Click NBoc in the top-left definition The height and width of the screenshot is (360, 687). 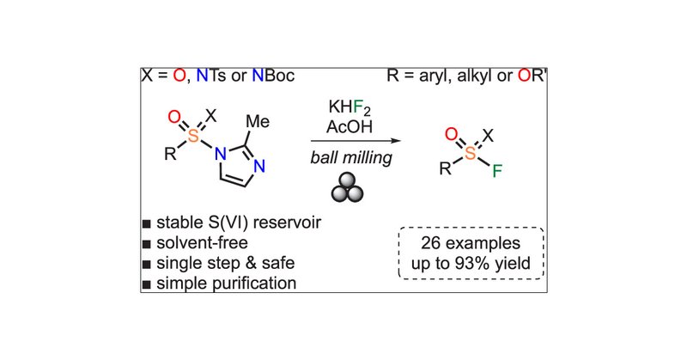click(x=273, y=77)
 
